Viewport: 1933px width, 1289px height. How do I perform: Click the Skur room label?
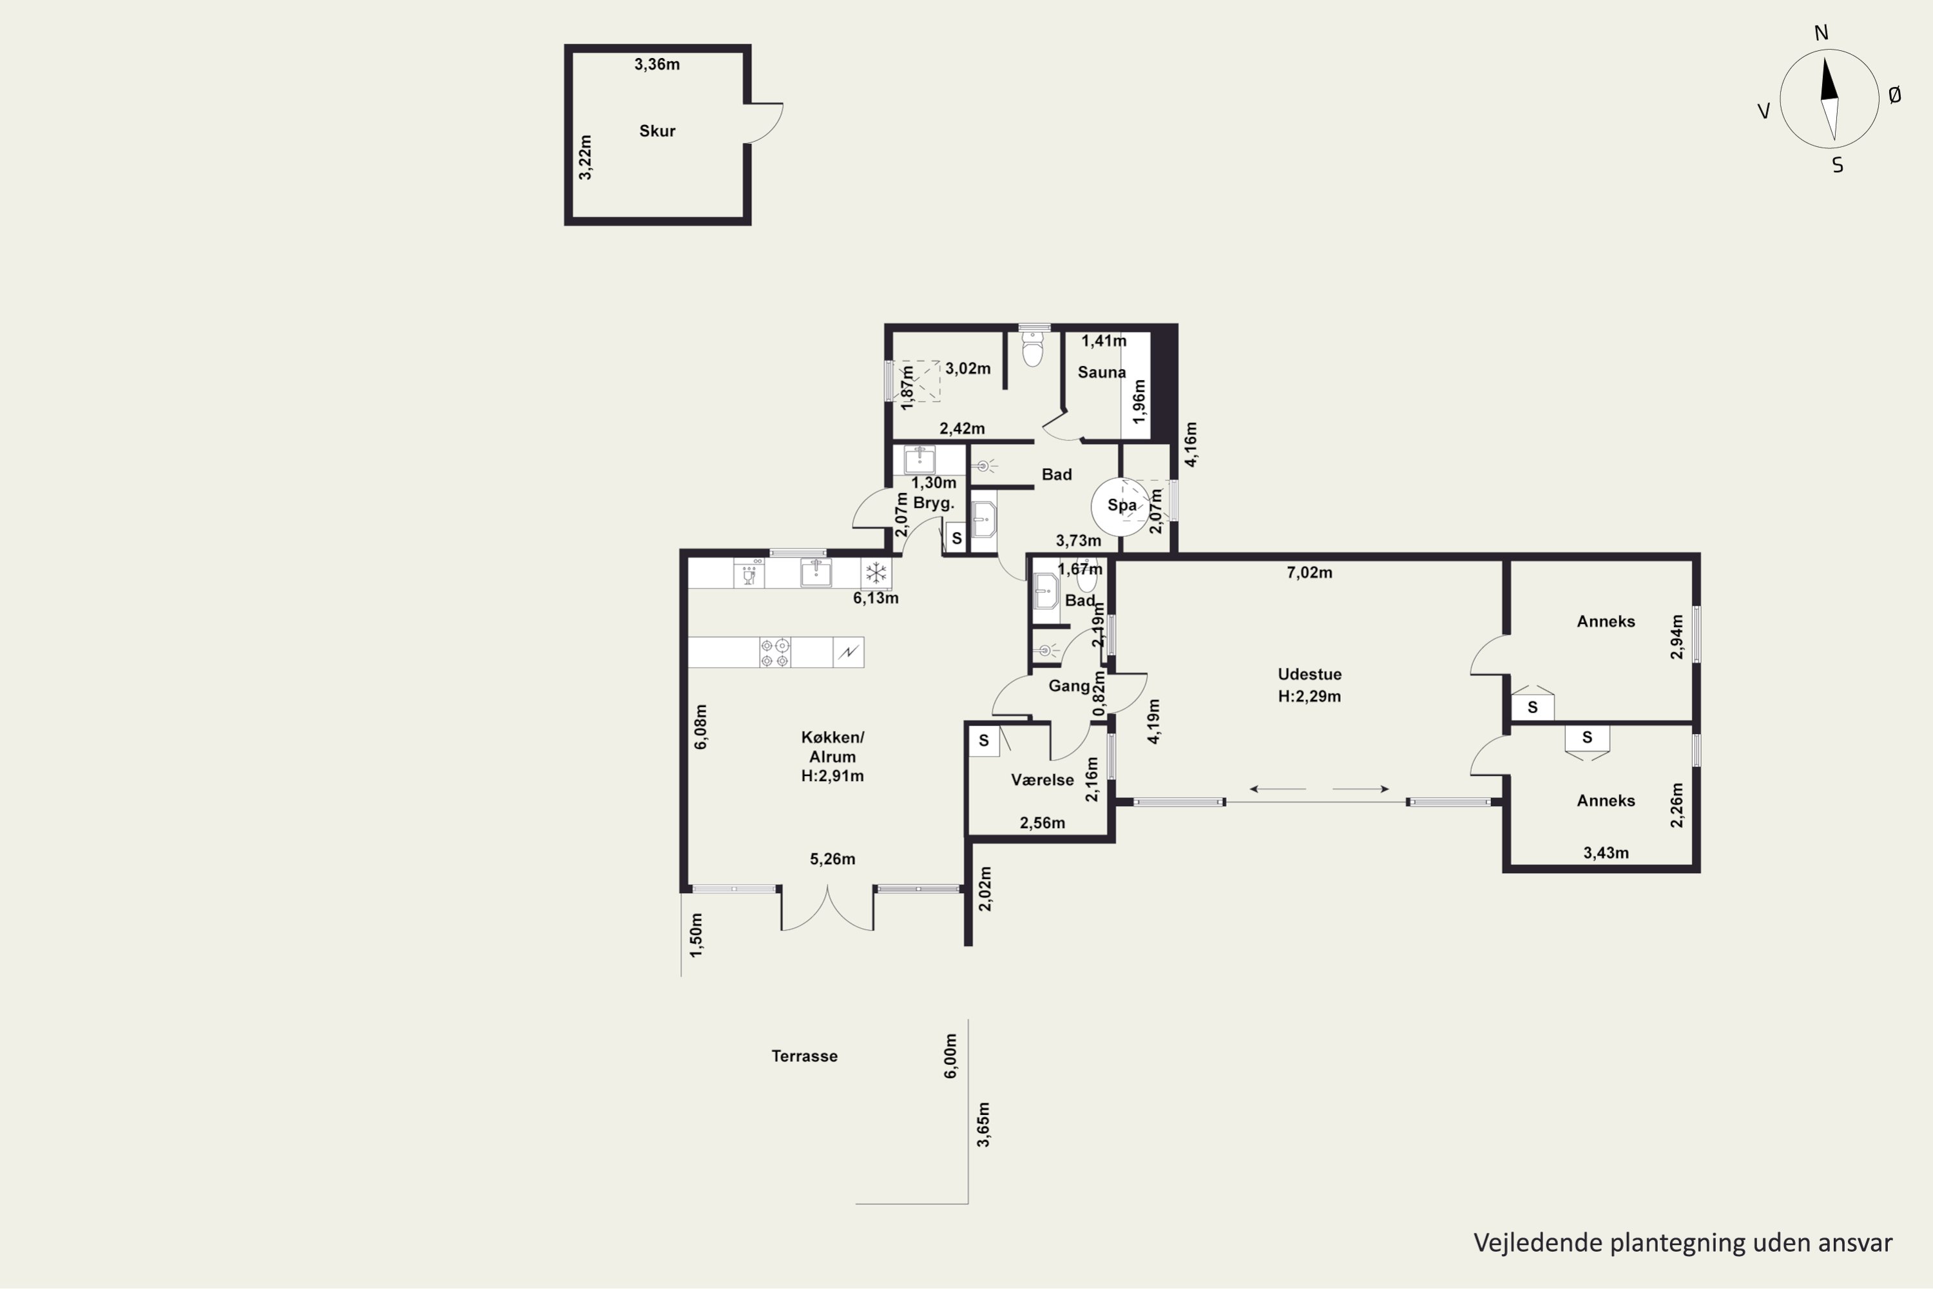coord(657,131)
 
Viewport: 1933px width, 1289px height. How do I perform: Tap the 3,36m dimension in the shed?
coord(657,64)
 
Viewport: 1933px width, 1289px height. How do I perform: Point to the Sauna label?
coord(1101,373)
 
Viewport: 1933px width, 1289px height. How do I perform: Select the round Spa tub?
coord(1121,507)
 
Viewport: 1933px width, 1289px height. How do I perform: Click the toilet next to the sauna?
coord(1033,347)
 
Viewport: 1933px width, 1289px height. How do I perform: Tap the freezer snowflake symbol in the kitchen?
coord(876,573)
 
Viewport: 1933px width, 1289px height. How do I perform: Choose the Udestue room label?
coord(1309,674)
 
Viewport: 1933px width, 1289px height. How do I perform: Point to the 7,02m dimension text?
coord(1309,572)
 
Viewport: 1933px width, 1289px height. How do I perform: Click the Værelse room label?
coord(1042,780)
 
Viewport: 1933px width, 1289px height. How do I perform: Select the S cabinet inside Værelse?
coord(983,741)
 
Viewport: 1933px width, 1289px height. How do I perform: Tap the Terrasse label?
coord(805,1056)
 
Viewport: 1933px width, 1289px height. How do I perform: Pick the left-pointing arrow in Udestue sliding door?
coord(1278,789)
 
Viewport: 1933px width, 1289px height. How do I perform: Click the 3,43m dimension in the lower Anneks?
coord(1606,853)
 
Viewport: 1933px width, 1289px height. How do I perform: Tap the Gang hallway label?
coord(1069,686)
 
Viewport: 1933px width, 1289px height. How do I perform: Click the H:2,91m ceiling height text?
coord(832,775)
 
